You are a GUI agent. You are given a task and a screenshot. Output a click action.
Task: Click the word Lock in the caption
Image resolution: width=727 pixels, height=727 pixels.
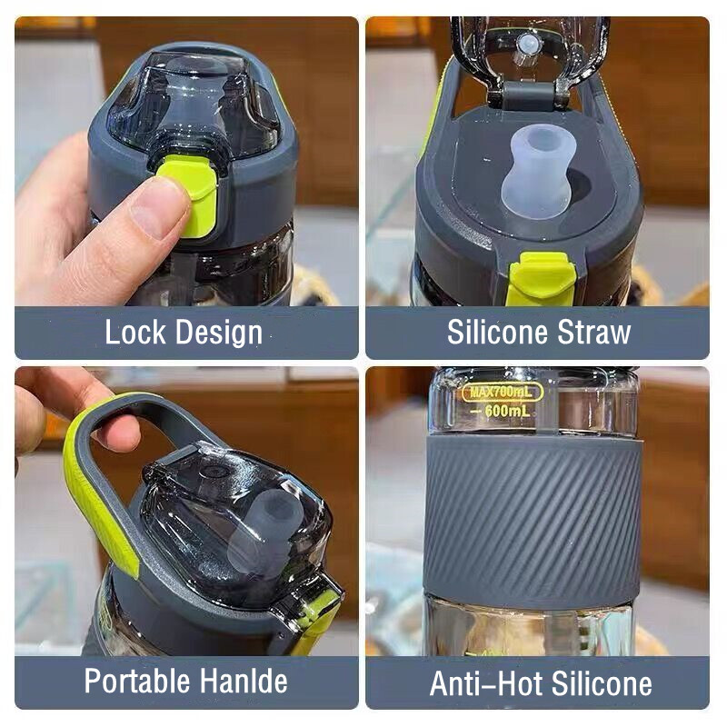(135, 332)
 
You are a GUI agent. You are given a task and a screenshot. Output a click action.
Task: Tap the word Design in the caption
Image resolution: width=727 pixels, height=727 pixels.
(219, 334)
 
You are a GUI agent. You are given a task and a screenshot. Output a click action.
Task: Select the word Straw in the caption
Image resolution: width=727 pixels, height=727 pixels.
(593, 332)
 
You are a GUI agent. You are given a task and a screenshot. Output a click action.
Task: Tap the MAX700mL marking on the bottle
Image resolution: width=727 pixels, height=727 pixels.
(502, 393)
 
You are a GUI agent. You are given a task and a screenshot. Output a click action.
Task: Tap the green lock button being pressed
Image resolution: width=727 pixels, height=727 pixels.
(194, 194)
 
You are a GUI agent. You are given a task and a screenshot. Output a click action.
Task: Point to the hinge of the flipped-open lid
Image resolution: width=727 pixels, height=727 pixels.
(528, 96)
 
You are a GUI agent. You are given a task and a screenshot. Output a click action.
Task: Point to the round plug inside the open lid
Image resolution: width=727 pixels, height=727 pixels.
(528, 45)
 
